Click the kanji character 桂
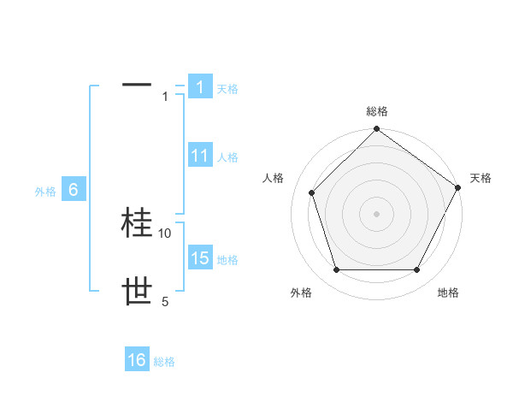coord(138,223)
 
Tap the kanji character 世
coord(138,293)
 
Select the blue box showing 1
coord(200,87)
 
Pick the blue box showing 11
coord(200,156)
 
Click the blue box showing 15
coord(200,258)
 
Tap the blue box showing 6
coord(74,190)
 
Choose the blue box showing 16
coord(137,360)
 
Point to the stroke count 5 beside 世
coord(165,301)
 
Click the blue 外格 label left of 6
coord(45,192)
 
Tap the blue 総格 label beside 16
coord(164,362)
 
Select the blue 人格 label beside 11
coord(227,157)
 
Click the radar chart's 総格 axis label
coord(377,111)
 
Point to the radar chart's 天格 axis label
coord(481,178)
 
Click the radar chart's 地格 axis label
coord(448,293)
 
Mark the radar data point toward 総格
coord(377,130)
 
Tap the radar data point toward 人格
coord(312,192)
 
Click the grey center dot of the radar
coord(377,213)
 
